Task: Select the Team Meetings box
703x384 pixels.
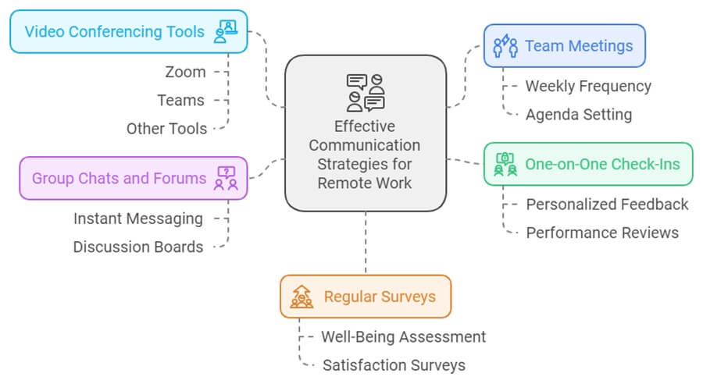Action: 564,46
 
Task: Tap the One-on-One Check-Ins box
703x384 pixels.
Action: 587,164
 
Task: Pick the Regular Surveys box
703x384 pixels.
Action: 365,297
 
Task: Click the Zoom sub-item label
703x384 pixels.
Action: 185,72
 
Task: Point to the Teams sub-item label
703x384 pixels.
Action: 180,100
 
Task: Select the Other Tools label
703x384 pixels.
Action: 166,128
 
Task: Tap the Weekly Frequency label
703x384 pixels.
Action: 587,86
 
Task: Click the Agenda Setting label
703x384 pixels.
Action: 578,114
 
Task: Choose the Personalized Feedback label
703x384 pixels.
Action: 607,204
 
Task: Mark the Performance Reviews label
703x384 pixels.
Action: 602,233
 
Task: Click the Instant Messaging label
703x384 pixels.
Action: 138,219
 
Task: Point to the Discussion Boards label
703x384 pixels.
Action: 138,247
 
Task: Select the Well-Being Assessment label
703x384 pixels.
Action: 403,336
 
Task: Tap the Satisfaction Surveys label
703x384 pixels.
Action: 394,364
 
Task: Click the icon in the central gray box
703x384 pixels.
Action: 366,93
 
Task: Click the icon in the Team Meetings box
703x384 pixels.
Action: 505,46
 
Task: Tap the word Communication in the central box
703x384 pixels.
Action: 365,145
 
